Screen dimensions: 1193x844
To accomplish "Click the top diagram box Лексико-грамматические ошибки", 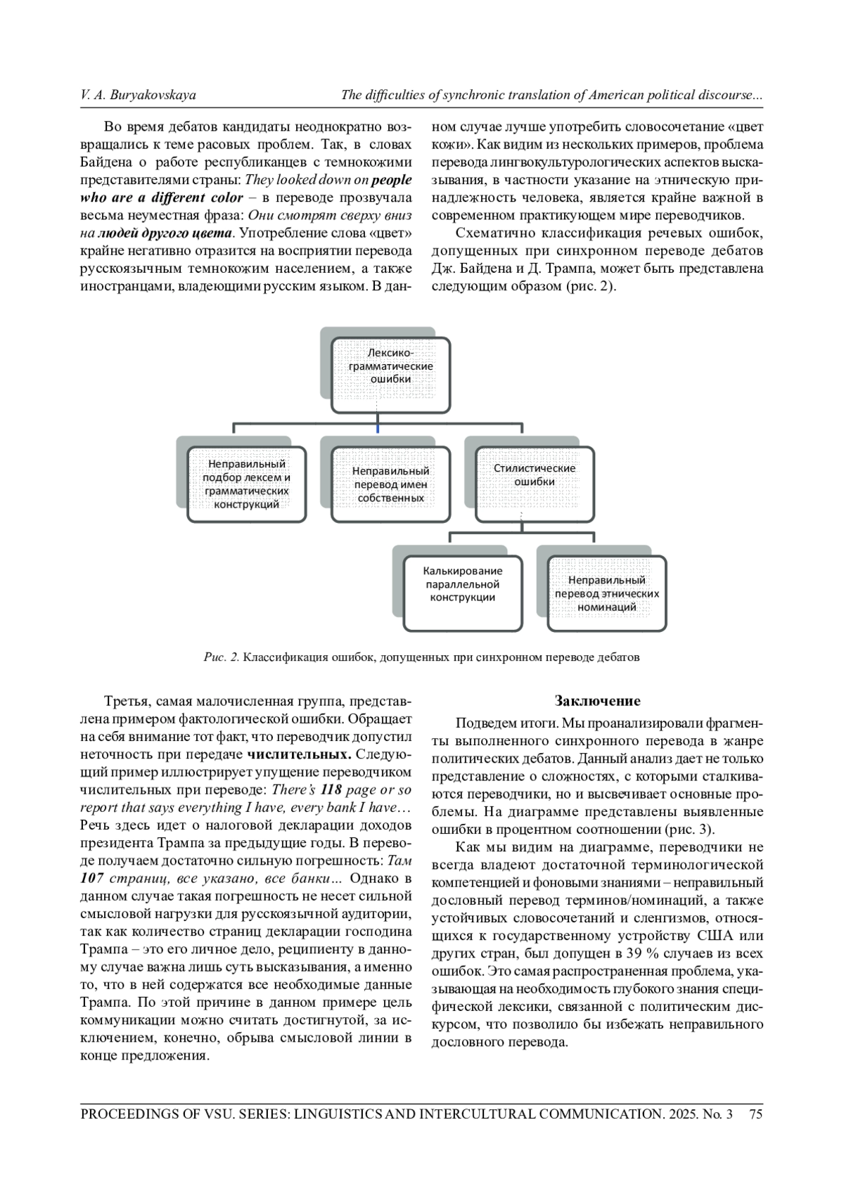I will pos(390,375).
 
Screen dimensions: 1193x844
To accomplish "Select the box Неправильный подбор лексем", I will pos(246,484).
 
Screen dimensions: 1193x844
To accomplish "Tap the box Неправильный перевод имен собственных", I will pos(390,484).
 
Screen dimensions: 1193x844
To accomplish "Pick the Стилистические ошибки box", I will pos(535,484).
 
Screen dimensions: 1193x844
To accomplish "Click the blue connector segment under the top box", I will pos(378,427).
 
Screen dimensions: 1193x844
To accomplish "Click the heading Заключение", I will pos(597,701).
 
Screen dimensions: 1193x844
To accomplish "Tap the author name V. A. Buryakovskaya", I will pos(139,95).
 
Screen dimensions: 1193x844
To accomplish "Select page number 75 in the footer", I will pos(756,1114).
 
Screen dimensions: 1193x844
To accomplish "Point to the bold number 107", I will pos(93,878).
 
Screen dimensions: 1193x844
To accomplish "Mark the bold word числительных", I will pos(300,754).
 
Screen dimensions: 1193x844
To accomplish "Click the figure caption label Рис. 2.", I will pos(222,657).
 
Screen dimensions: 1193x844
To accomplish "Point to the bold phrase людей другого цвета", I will pos(165,233).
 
